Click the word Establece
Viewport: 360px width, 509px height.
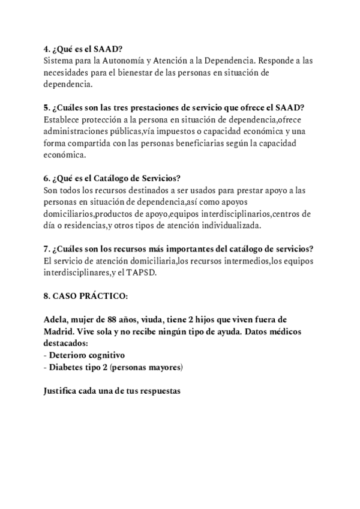64,119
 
